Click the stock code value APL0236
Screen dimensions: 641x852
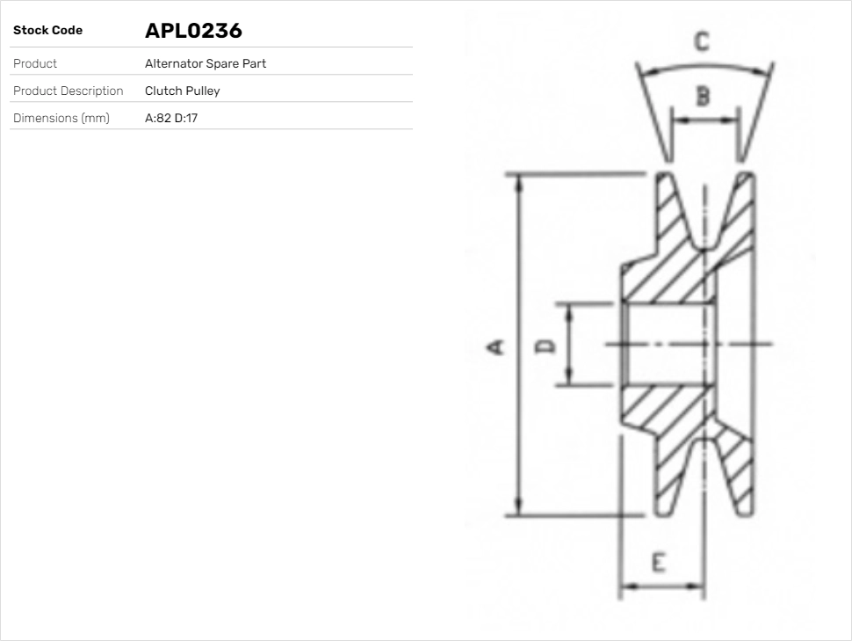click(193, 31)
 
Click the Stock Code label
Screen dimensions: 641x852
click(47, 31)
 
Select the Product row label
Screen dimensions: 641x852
click(35, 63)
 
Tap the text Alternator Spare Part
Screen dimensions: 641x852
click(205, 63)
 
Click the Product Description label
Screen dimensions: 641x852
click(68, 91)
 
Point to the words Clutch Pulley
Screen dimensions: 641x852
click(182, 91)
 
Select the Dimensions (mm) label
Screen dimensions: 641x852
click(61, 118)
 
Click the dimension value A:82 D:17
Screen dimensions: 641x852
click(171, 118)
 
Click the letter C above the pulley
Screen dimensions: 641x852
click(701, 41)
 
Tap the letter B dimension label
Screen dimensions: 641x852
click(703, 96)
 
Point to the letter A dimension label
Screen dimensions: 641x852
click(496, 346)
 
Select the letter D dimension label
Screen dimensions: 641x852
click(546, 345)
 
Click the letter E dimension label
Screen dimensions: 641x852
click(659, 562)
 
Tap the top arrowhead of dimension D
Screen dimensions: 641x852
click(569, 310)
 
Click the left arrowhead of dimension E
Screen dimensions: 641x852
click(626, 586)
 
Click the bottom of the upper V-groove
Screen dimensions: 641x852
click(703, 245)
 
